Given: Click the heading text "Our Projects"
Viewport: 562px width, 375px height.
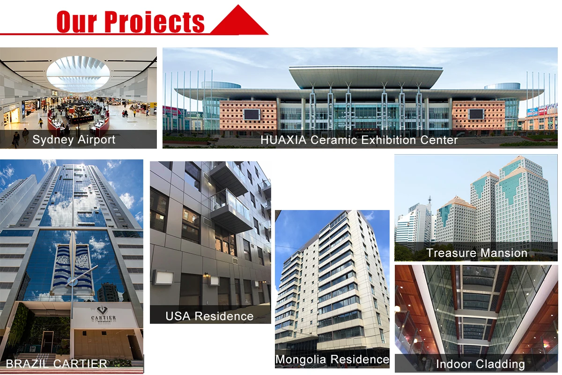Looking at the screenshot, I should pyautogui.click(x=130, y=21).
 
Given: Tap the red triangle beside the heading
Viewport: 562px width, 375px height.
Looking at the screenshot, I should pyautogui.click(x=239, y=22).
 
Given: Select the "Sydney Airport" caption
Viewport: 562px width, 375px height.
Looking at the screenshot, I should pyautogui.click(x=74, y=140).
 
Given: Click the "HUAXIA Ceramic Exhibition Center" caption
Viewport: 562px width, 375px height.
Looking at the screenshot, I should pyautogui.click(x=359, y=140).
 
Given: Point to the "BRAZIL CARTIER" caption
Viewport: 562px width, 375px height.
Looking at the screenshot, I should pyautogui.click(x=57, y=363).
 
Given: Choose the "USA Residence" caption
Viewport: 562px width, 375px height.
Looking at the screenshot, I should pyautogui.click(x=209, y=316).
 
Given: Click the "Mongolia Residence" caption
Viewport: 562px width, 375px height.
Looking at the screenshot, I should pyautogui.click(x=332, y=360).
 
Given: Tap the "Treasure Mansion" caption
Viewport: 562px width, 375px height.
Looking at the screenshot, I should pyautogui.click(x=477, y=253).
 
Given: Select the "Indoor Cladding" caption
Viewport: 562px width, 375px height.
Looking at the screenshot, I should pyautogui.click(x=480, y=364).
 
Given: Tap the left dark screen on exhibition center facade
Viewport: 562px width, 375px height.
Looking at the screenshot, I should pyautogui.click(x=251, y=114).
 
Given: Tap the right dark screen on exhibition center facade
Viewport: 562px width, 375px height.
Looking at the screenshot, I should pyautogui.click(x=476, y=114).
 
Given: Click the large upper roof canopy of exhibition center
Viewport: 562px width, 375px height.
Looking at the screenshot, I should pyautogui.click(x=365, y=75).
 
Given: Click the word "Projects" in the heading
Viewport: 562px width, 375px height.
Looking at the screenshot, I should pyautogui.click(x=154, y=21).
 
